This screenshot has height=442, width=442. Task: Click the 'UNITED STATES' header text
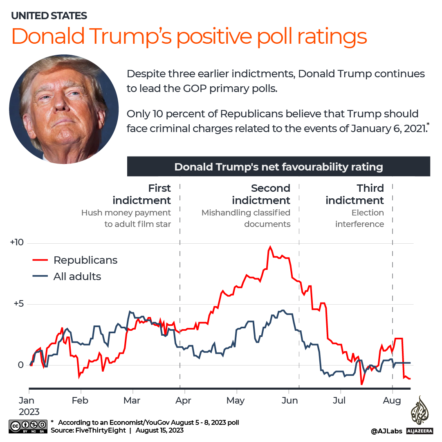pyautogui.click(x=49, y=16)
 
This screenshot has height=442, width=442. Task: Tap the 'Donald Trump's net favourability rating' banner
pyautogui.click(x=278, y=167)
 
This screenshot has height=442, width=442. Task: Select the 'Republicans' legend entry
pyautogui.click(x=85, y=260)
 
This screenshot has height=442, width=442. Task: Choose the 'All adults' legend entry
pyautogui.click(x=77, y=276)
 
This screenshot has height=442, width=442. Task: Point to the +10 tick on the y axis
pyautogui.click(x=17, y=242)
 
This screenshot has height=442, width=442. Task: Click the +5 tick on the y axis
pyautogui.click(x=18, y=304)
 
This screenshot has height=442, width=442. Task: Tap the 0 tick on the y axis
pyautogui.click(x=21, y=365)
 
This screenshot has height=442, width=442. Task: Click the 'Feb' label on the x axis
pyautogui.click(x=80, y=400)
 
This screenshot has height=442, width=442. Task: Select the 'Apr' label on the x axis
pyautogui.click(x=184, y=400)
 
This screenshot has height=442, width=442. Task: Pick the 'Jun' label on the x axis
pyautogui.click(x=289, y=400)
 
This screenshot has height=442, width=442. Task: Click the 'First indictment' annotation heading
pyautogui.click(x=141, y=194)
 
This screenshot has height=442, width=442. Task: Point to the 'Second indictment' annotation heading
pyautogui.click(x=261, y=194)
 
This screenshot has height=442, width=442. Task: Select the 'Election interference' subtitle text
pyautogui.click(x=359, y=218)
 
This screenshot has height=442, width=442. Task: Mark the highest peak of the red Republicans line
pyautogui.click(x=270, y=247)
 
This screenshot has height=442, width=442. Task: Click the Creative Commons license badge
pyautogui.click(x=27, y=426)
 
